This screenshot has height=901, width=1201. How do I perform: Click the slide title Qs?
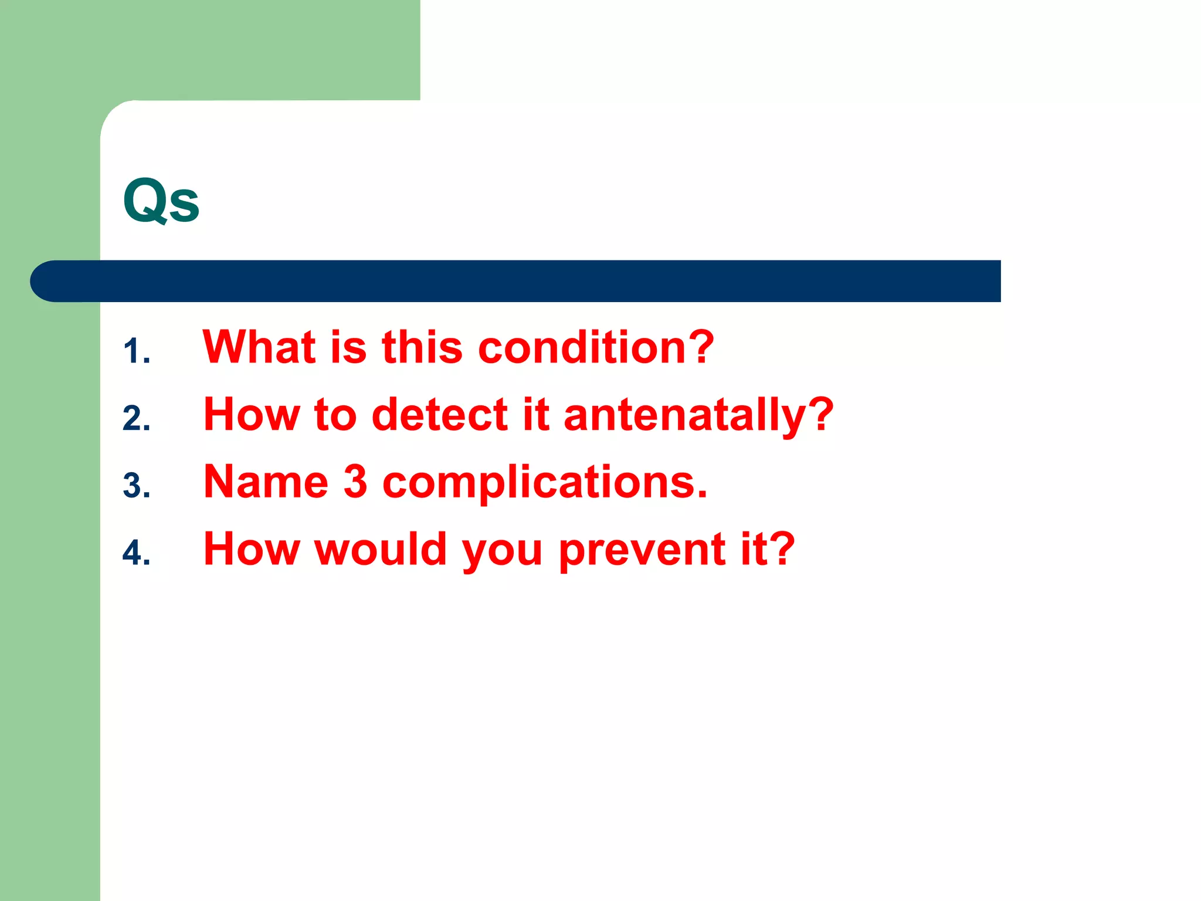161,201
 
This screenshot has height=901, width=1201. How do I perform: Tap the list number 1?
136,352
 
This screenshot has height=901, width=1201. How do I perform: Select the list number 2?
136,419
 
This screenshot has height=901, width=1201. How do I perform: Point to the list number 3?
136,486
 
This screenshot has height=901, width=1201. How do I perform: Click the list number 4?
136,553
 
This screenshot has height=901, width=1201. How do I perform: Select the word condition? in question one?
596,347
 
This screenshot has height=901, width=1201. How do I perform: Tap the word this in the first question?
422,347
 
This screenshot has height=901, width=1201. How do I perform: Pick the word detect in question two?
440,415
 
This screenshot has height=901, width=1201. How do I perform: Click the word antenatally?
698,415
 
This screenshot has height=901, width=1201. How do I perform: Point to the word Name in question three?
266,482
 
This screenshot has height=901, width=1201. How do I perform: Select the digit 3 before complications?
355,482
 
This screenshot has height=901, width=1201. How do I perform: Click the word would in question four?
381,550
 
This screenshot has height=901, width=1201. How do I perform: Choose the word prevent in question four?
642,550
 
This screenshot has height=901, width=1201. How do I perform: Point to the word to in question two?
335,415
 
